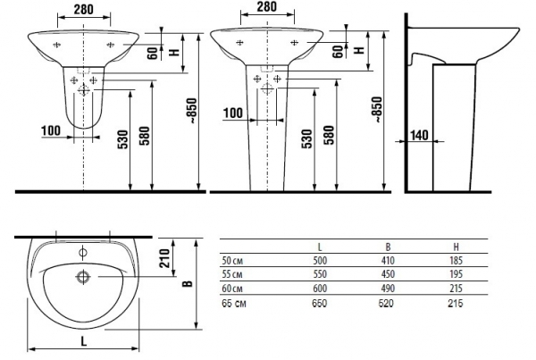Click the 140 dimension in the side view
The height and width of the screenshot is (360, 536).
click(419, 135)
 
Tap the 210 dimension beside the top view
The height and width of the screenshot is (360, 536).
click(164, 258)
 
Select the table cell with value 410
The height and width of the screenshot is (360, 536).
click(388, 261)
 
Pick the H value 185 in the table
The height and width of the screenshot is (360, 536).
click(456, 261)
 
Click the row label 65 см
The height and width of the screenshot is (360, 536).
click(234, 304)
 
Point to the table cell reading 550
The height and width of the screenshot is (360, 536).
click(320, 274)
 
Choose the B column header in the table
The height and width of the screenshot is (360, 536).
click(388, 247)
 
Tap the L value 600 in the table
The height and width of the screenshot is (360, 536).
click(320, 289)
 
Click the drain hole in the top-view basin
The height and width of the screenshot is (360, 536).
click(83, 276)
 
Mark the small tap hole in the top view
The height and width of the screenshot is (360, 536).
click(83, 253)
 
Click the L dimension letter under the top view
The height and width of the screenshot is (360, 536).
click(83, 341)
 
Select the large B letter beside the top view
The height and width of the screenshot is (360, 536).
click(188, 283)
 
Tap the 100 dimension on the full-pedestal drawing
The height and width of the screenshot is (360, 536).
click(233, 113)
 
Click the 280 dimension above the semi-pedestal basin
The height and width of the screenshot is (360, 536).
click(83, 9)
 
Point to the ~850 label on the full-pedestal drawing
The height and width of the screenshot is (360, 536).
click(377, 110)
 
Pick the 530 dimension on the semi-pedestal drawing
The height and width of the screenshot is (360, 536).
click(124, 139)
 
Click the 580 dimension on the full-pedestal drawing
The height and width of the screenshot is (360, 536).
click(329, 136)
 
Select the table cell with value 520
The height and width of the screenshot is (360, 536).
click(386, 304)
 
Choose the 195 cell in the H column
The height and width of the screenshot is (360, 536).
click(456, 274)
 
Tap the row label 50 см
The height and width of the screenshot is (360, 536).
click(232, 261)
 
